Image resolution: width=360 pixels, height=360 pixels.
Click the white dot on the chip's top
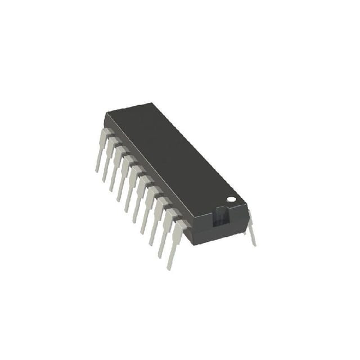(x=231, y=199)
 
